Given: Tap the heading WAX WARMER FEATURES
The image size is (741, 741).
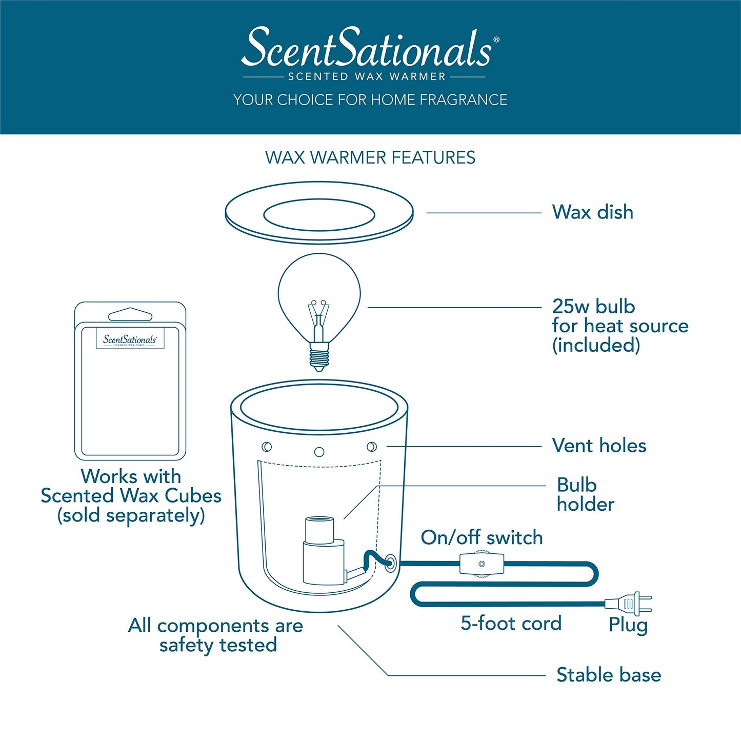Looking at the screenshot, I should (x=370, y=157).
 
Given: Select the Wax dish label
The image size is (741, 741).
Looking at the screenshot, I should (x=592, y=212).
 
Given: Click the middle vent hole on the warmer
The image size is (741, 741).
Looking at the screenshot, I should (x=319, y=452).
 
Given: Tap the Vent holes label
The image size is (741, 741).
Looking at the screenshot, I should (x=599, y=446).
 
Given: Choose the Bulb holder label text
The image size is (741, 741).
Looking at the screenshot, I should (x=585, y=495).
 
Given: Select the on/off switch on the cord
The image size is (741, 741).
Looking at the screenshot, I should (x=482, y=564).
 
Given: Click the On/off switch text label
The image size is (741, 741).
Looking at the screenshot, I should (x=482, y=537).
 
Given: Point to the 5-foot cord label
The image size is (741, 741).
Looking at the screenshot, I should (x=511, y=623).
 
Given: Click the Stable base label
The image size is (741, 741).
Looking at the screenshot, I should (x=609, y=675).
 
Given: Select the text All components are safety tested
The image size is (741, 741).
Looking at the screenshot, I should (x=216, y=635).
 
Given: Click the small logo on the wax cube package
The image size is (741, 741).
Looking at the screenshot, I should (x=130, y=339).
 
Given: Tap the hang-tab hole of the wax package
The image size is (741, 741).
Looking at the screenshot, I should (x=130, y=314).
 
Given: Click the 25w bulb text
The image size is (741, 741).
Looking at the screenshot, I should (x=593, y=307).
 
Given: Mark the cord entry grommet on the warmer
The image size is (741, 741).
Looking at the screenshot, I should (x=390, y=563).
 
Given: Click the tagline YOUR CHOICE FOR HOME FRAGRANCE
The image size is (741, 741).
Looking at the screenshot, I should (x=370, y=99).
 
